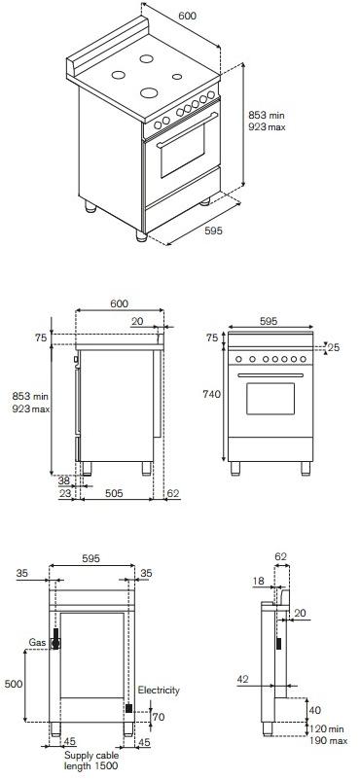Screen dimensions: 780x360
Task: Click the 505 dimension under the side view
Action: (x=113, y=494)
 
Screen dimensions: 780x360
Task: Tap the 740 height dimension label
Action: (x=211, y=394)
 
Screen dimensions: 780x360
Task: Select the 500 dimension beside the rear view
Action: (x=14, y=684)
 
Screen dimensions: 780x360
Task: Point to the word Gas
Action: (x=37, y=644)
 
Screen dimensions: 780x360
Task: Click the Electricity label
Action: (x=158, y=690)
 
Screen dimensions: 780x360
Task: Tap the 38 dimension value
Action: (x=63, y=480)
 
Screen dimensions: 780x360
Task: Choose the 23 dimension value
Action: (x=63, y=494)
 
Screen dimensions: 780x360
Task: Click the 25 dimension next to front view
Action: (x=334, y=347)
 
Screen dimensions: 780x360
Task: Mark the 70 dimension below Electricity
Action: (x=158, y=716)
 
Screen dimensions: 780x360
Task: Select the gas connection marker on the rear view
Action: (x=56, y=638)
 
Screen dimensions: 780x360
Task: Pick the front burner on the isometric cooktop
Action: (x=150, y=93)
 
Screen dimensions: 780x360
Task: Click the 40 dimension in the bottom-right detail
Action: (x=314, y=709)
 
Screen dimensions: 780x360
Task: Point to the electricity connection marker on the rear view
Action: (x=128, y=710)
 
